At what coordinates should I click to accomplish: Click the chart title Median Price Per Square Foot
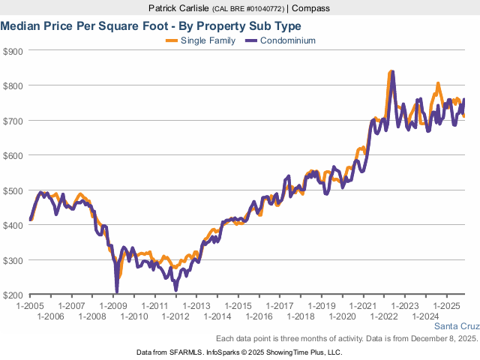tap(151, 25)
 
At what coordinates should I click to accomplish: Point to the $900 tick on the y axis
tap(13, 51)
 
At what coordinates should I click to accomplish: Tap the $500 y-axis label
tap(13, 190)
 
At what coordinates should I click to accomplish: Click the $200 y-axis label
tap(13, 295)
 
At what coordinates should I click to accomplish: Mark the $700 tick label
tap(13, 121)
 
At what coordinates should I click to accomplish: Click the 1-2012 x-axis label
tap(175, 316)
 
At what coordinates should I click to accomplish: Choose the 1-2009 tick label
tap(112, 306)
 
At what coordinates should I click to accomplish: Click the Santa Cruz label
tap(457, 326)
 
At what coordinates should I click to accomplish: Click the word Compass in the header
tap(311, 8)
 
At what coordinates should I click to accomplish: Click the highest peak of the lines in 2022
tap(391, 72)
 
